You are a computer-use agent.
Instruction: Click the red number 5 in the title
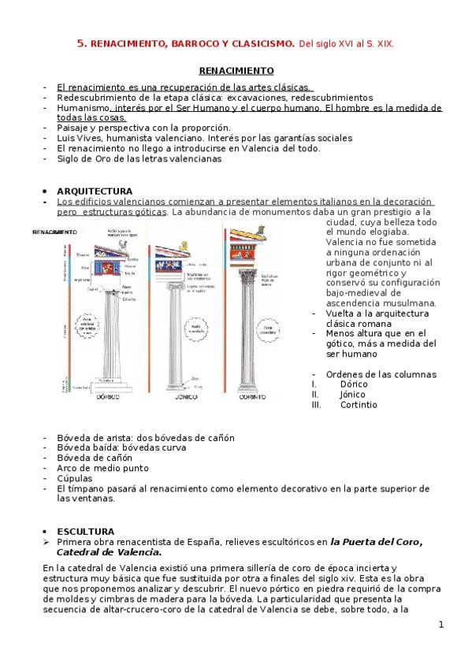point(80,45)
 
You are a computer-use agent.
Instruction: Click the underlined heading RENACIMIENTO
point(236,70)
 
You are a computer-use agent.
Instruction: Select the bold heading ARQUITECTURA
point(95,191)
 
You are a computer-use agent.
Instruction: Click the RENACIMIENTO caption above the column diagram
point(54,232)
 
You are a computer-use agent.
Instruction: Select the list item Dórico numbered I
point(354,384)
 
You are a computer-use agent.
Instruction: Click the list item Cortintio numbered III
point(359,404)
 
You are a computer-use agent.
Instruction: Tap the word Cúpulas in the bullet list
point(74,477)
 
